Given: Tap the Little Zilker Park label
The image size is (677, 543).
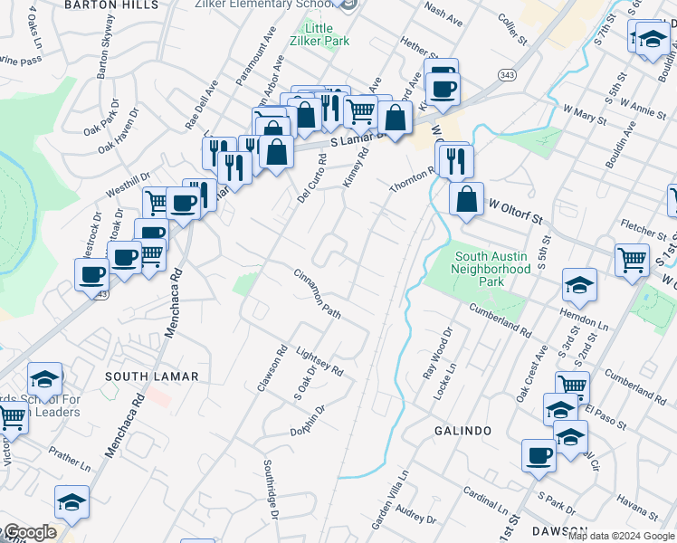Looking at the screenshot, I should tap(318, 33).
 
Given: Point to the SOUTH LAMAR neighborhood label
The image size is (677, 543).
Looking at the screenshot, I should tap(138, 376).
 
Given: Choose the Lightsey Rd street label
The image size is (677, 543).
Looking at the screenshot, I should tap(319, 358).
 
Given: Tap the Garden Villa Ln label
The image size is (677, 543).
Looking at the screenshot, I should tap(391, 499).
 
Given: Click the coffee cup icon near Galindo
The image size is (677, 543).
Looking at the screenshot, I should tap(539, 455).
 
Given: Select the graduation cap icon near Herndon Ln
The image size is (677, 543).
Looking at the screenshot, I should tap(579, 285).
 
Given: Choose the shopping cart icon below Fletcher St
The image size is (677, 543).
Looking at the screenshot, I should tap(632, 260).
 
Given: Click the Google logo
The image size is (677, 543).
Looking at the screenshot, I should tap(29, 533).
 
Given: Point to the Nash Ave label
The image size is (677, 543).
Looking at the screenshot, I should tap(443, 13).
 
